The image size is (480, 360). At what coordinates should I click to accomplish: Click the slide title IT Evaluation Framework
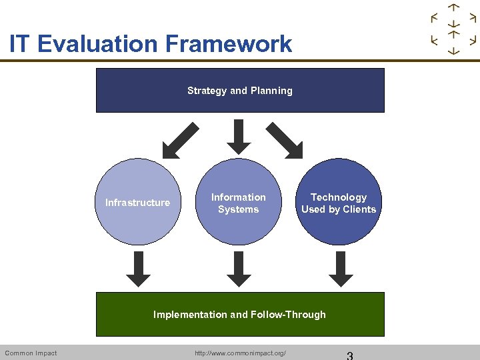pos(151,44)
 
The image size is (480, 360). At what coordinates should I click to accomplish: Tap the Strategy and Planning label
pos(240,91)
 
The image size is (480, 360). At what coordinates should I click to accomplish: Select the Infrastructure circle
pos(138,202)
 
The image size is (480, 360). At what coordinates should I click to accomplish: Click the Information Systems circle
pos(239,202)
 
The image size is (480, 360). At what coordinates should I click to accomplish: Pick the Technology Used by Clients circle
pos(339,202)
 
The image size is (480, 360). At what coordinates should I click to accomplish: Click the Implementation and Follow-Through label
pos(240,315)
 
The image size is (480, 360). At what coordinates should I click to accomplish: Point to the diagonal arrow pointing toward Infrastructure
pos(181,140)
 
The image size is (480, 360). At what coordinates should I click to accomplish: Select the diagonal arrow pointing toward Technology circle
pos(285,140)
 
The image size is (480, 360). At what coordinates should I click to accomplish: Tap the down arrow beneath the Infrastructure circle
pos(138,269)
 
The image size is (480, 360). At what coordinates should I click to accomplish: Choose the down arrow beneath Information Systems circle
pos(239,269)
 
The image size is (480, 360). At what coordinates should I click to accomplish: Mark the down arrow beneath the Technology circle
pos(340,269)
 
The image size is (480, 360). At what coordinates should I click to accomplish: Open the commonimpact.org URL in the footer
pos(240,353)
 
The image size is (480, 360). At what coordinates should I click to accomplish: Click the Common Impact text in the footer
pos(31,353)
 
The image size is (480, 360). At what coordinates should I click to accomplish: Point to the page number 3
pos(349,355)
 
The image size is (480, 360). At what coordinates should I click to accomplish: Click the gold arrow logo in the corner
pos(454,29)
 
